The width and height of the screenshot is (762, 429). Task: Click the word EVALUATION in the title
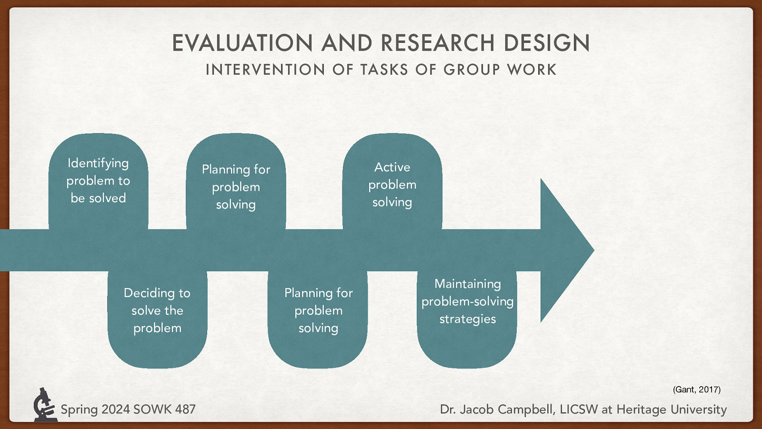click(242, 43)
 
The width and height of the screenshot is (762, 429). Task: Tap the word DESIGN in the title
click(547, 43)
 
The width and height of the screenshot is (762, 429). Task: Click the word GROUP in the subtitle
click(471, 70)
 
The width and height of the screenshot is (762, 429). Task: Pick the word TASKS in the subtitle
click(384, 70)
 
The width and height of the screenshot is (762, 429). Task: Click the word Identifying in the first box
click(98, 163)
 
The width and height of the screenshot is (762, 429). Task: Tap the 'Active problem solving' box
click(392, 184)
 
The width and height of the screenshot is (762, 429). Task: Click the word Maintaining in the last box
click(468, 284)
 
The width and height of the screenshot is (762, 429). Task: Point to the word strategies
click(468, 319)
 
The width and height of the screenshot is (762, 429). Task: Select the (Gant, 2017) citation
click(696, 389)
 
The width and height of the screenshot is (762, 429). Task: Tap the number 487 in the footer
click(185, 409)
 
